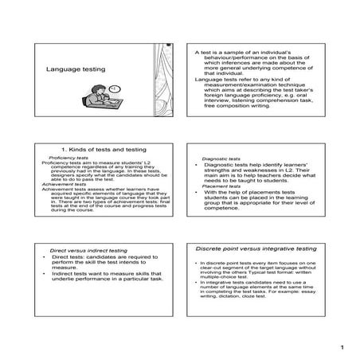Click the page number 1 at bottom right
pyautogui.click(x=340, y=347)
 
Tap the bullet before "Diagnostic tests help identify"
pyautogui.click(x=196, y=164)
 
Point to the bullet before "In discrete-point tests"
pyautogui.click(x=196, y=262)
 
